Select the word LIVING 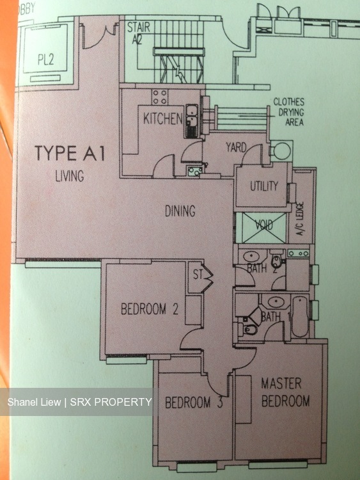(69, 175)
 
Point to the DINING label (180, 211)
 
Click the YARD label (236, 148)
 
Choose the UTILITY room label (263, 186)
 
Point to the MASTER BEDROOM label (285, 392)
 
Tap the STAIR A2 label (139, 32)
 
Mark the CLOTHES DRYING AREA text (288, 112)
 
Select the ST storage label (196, 275)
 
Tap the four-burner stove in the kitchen (160, 97)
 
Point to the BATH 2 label (257, 269)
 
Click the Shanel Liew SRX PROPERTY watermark (80, 402)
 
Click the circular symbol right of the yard (281, 152)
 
